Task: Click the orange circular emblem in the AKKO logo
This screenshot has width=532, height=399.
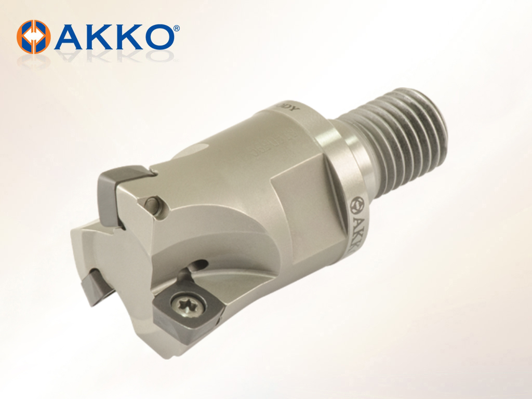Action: tap(34, 36)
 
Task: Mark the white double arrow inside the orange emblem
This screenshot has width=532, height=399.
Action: tap(34, 36)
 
